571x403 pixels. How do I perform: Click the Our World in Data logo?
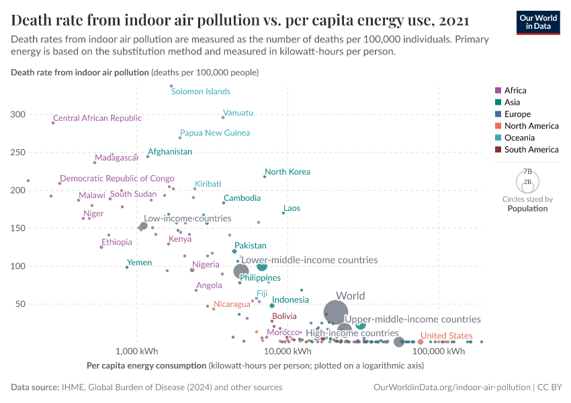537,21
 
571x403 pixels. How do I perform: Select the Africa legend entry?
515,91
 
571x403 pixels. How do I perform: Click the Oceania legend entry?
519,138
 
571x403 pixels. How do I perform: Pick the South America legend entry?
531,150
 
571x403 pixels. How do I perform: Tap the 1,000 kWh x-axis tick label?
136,351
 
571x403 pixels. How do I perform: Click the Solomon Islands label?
200,91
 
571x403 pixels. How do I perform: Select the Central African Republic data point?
53,123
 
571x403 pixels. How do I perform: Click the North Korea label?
288,172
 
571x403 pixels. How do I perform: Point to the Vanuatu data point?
223,118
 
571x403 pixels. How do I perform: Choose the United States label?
445,336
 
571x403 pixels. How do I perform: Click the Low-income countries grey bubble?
143,226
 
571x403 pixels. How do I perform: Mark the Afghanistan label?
170,152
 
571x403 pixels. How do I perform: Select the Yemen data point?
127,267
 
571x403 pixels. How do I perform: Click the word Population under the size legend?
527,208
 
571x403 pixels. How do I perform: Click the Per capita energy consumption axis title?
146,366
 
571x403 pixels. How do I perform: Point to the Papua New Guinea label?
215,133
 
